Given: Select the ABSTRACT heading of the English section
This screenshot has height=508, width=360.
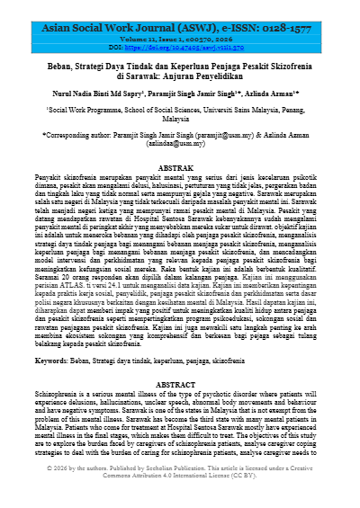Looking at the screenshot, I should tap(180, 406).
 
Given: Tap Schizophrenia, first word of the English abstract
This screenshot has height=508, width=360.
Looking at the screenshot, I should tap(53, 419).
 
